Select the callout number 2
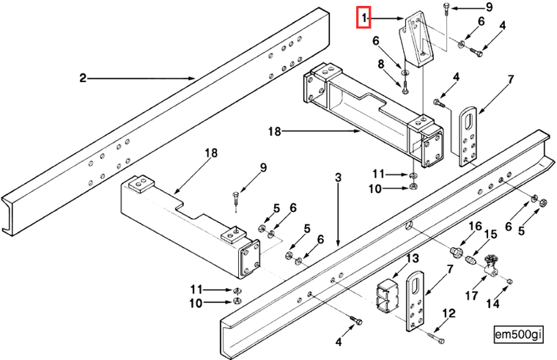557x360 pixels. coord(83,76)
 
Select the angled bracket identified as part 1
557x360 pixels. coord(416,45)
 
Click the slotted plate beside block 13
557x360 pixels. coord(416,301)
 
